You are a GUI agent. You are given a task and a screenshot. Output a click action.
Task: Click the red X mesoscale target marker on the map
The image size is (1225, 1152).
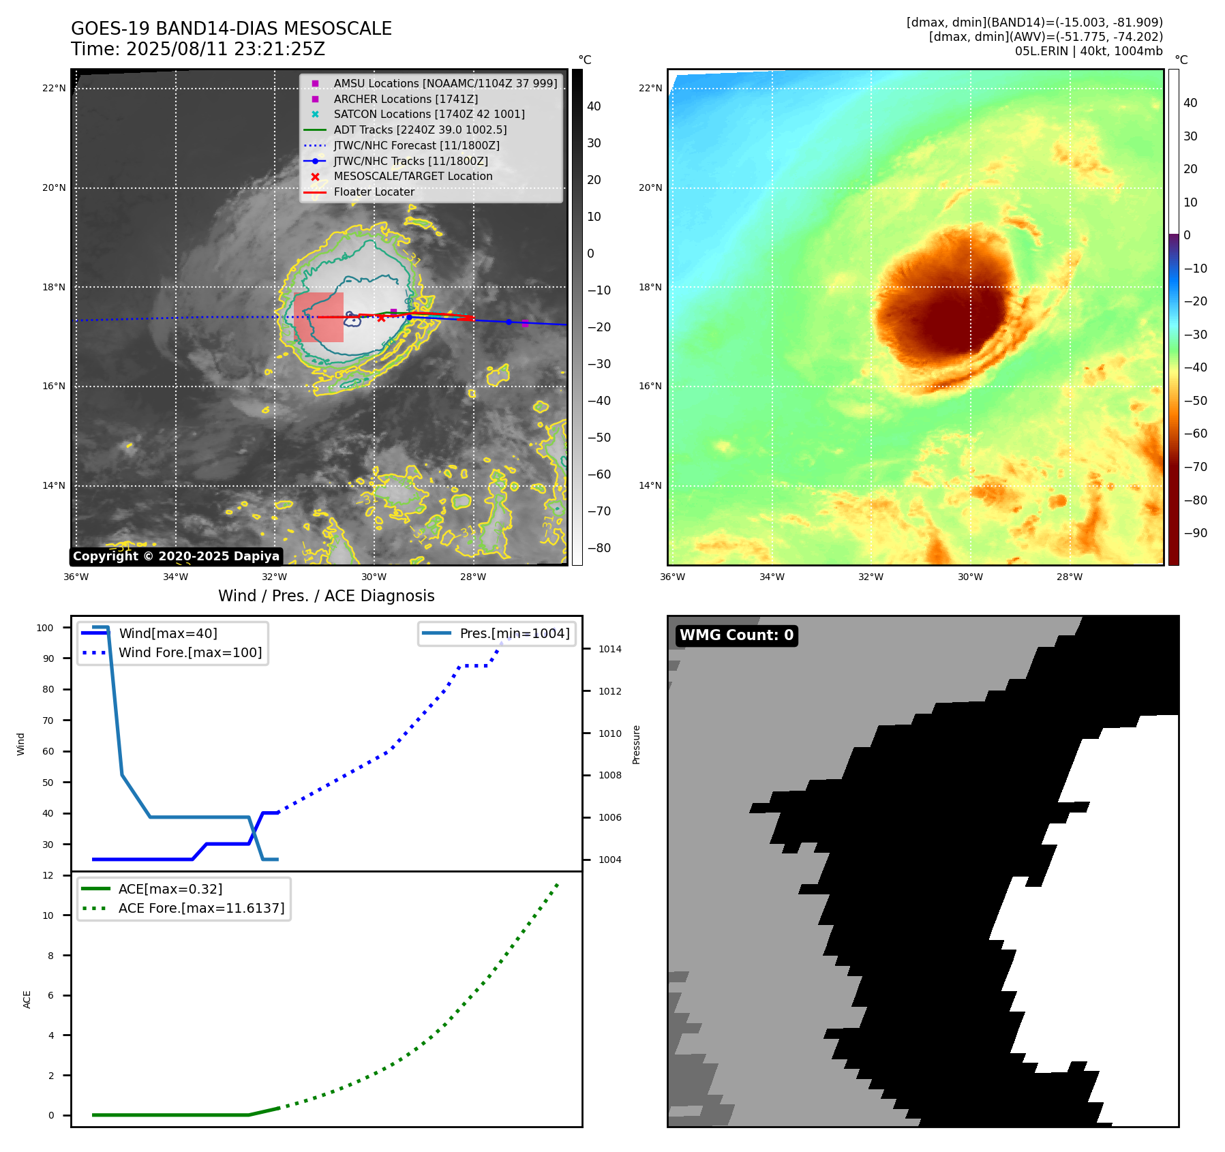tap(381, 318)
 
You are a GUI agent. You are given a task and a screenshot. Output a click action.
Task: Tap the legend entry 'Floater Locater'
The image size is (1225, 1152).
tap(374, 192)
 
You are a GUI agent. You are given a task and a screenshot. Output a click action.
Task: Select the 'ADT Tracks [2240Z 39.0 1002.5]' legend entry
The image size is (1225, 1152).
tap(420, 130)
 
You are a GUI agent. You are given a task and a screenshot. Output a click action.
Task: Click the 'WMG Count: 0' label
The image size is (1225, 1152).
tap(736, 635)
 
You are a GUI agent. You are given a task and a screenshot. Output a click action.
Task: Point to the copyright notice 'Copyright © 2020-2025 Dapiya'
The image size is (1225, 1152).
tap(176, 556)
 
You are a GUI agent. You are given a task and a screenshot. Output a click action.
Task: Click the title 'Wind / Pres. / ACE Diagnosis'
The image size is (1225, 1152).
tap(326, 596)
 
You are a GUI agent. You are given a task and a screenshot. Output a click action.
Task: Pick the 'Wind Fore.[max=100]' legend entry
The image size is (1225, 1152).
tap(190, 652)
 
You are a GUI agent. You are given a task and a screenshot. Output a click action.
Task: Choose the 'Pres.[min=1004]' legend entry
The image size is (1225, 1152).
tap(515, 633)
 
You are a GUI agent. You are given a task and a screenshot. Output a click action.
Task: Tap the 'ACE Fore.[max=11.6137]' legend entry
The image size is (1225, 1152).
tap(201, 908)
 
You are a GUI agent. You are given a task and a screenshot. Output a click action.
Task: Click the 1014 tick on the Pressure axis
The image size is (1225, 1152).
tap(609, 649)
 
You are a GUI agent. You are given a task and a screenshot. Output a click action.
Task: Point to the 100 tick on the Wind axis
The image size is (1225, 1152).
tap(45, 628)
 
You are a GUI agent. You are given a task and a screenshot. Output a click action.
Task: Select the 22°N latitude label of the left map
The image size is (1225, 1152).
tap(54, 88)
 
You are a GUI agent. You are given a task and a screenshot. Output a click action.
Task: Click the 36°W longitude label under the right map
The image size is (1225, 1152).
tap(672, 577)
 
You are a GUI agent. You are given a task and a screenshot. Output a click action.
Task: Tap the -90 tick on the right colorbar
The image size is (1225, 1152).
tap(1195, 533)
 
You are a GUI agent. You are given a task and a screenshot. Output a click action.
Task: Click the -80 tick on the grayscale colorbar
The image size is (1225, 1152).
tap(599, 548)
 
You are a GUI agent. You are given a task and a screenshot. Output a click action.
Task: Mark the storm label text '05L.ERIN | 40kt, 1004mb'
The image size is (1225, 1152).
tap(1089, 51)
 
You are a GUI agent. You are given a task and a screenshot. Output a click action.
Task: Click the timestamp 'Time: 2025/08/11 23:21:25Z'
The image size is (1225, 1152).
tap(198, 49)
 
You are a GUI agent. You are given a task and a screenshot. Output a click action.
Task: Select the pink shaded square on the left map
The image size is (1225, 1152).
tap(318, 317)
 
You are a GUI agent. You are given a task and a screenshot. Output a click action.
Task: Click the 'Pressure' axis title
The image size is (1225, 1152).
tap(636, 744)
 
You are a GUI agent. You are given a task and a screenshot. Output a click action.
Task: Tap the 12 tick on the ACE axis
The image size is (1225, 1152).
tap(48, 875)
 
